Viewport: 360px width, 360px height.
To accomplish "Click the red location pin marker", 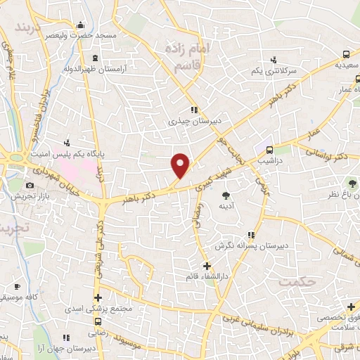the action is tap(181, 165).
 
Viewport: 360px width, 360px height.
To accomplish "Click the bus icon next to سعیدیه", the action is tap(347, 53).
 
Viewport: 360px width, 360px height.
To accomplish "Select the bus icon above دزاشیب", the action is tap(269, 149).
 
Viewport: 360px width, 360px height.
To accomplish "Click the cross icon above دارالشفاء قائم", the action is tap(206, 266).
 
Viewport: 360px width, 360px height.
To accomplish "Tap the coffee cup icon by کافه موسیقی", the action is tap(17, 287).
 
